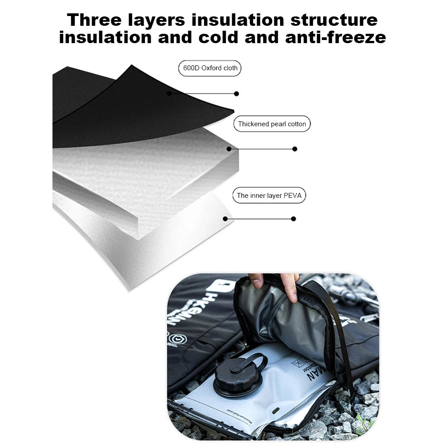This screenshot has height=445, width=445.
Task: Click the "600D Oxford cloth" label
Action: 210,68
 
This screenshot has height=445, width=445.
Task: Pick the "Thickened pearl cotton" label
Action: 272,124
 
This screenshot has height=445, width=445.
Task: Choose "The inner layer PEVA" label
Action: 269,196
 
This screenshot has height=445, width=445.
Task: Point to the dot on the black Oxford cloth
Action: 169,93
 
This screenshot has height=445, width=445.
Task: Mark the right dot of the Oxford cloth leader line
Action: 237,93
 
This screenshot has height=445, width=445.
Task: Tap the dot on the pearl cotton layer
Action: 229,149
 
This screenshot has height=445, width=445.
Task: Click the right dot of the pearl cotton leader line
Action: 295,149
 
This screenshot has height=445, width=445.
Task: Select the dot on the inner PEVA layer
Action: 225,219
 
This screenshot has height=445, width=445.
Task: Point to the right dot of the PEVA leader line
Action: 293,219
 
